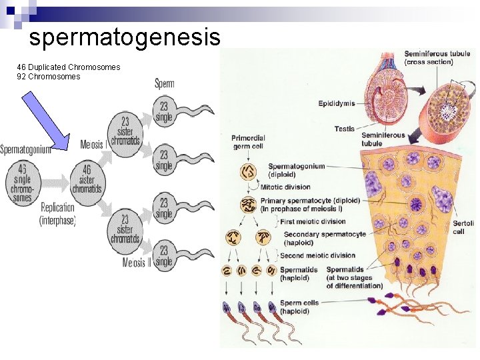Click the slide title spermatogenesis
pyautogui.click(x=125, y=37)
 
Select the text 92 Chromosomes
pyautogui.click(x=49, y=77)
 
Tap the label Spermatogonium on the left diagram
pyautogui.click(x=25, y=149)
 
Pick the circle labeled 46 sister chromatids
pyautogui.click(x=87, y=179)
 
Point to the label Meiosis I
pyautogui.click(x=93, y=145)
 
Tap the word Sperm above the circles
pyautogui.click(x=164, y=83)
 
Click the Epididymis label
pyautogui.click(x=337, y=103)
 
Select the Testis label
pyautogui.click(x=344, y=128)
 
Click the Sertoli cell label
pyautogui.click(x=459, y=227)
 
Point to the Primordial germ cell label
pyautogui.click(x=249, y=142)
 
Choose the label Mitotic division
pyautogui.click(x=285, y=187)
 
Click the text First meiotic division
pyautogui.click(x=313, y=221)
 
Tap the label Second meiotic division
pyautogui.click(x=317, y=255)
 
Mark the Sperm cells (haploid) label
pyautogui.click(x=299, y=307)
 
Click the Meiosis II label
pyautogui.click(x=138, y=262)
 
